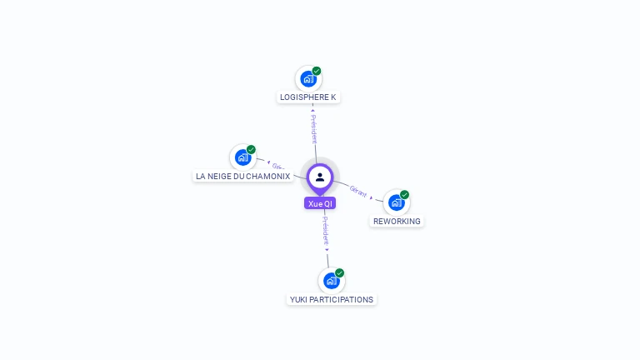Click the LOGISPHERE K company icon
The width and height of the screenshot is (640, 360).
[x=308, y=79]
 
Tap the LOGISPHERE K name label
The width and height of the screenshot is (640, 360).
[x=308, y=97]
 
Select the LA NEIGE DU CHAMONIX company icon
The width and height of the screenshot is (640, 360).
[x=242, y=157]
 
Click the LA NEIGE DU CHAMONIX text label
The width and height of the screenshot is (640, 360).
[x=242, y=177]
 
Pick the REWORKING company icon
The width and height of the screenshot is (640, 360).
[x=397, y=202]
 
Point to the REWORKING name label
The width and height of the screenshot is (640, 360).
[x=397, y=222]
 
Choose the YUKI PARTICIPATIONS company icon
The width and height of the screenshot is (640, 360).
[x=331, y=280]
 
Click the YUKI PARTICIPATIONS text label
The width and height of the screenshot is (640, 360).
[x=332, y=299]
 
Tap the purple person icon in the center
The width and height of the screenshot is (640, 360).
[x=320, y=177]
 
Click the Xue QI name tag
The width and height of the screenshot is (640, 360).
[x=320, y=203]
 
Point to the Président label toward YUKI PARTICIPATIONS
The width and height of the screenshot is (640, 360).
[x=326, y=232]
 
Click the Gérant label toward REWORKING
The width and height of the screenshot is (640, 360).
[x=358, y=191]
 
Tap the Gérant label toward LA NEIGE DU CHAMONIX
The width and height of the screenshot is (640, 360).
[x=278, y=166]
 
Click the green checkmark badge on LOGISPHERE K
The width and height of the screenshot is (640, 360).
[x=317, y=71]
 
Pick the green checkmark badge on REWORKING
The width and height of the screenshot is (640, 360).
[x=405, y=194]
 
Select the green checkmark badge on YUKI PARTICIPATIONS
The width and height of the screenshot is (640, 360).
[x=339, y=272]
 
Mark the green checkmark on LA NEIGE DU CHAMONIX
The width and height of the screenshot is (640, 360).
[x=251, y=149]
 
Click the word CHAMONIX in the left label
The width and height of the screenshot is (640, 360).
[x=268, y=177]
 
